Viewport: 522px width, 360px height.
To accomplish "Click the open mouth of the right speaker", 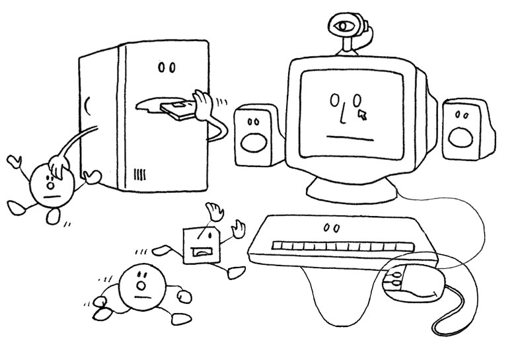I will point(459,135).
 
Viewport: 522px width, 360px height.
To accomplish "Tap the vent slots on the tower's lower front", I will point(139,174).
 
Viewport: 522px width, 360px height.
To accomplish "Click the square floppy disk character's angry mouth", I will point(201,250).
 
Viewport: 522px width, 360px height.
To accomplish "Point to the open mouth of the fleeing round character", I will point(140,285).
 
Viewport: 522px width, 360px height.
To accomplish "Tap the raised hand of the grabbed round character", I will point(14,161).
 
